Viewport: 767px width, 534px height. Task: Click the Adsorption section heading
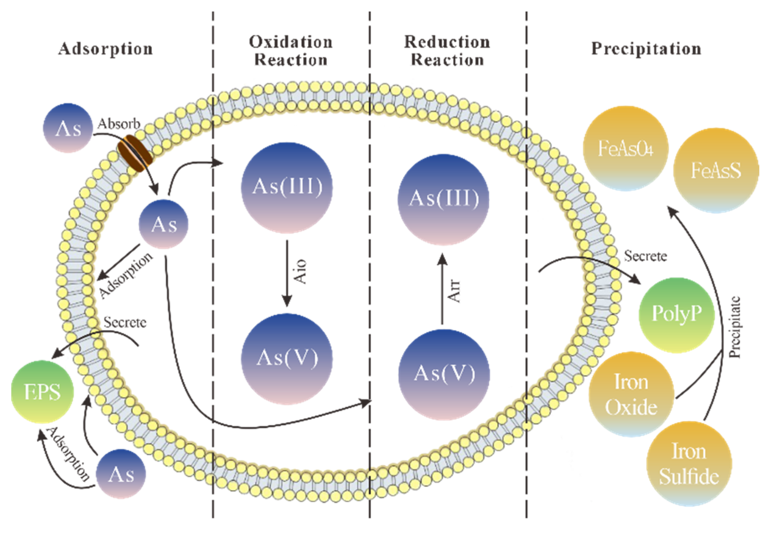pos(106,49)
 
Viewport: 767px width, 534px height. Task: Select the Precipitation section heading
pos(646,49)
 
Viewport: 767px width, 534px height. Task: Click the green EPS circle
pos(42,392)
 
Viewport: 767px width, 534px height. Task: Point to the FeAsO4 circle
pos(625,149)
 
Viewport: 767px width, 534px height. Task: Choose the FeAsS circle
pos(716,170)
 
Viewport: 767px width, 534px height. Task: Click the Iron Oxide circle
pos(631,394)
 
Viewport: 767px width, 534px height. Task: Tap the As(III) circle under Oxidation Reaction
pos(287,188)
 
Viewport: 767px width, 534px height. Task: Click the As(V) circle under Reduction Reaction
pos(444,374)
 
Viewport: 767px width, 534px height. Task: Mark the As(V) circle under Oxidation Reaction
pos(287,359)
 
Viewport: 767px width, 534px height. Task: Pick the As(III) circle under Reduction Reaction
pos(444,199)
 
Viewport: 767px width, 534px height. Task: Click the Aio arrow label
pos(300,271)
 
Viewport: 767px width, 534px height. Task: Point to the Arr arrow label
pos(454,291)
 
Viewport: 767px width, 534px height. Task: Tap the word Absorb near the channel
pos(119,124)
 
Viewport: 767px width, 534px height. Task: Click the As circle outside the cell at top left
pos(68,128)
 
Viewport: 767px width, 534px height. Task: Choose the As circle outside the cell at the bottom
pos(121,474)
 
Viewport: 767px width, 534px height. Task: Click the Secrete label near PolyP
pos(645,256)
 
